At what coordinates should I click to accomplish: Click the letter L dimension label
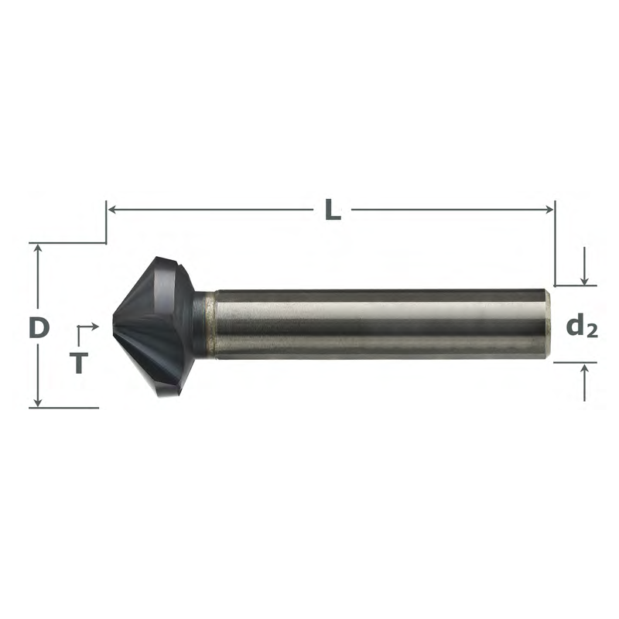coord(333,210)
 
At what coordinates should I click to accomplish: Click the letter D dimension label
coord(39,327)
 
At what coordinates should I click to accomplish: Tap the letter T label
coord(79,363)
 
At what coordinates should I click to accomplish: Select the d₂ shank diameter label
coord(582,327)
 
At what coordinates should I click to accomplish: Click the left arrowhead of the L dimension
coord(111,209)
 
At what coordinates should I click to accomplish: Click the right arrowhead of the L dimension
coord(549,209)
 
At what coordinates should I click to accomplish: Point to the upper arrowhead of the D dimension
coord(37,248)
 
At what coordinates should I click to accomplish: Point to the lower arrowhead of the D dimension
coord(37,402)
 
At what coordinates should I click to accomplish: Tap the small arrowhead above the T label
coord(94,327)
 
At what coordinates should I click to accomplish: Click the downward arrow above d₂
coord(584,265)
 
